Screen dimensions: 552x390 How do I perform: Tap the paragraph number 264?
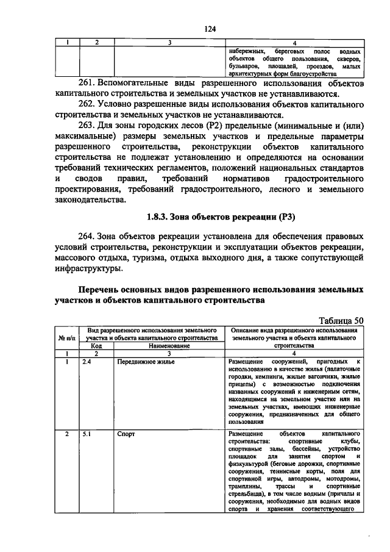pos(87,235)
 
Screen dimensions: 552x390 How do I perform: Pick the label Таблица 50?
pos(342,319)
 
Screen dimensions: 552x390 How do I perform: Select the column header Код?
pos(96,345)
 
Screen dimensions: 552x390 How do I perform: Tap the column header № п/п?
pos(66,337)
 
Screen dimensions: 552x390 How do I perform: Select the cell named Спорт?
pos(126,434)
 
